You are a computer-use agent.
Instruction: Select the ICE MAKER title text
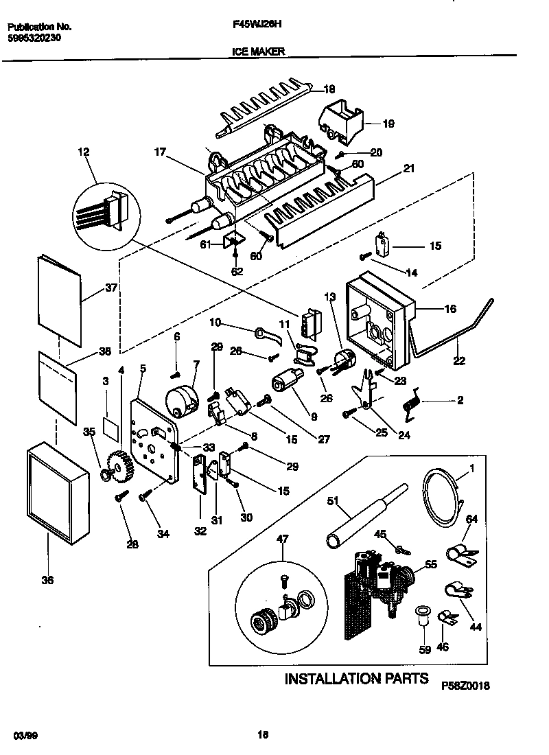click(254, 51)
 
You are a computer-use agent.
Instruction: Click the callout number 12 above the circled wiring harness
click(84, 152)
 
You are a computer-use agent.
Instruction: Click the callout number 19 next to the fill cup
click(388, 124)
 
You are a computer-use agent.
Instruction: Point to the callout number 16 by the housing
click(450, 310)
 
